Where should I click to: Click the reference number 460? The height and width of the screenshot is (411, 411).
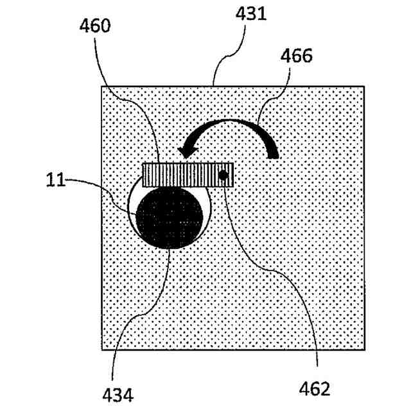(x=95, y=26)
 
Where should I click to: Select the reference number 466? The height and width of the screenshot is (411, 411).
(x=297, y=56)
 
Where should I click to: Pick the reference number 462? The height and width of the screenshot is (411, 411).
(x=315, y=388)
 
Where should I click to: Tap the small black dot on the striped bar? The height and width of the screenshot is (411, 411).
(x=224, y=175)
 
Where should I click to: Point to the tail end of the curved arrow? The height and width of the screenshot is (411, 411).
(x=274, y=152)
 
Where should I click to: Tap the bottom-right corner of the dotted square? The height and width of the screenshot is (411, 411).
(x=364, y=349)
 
